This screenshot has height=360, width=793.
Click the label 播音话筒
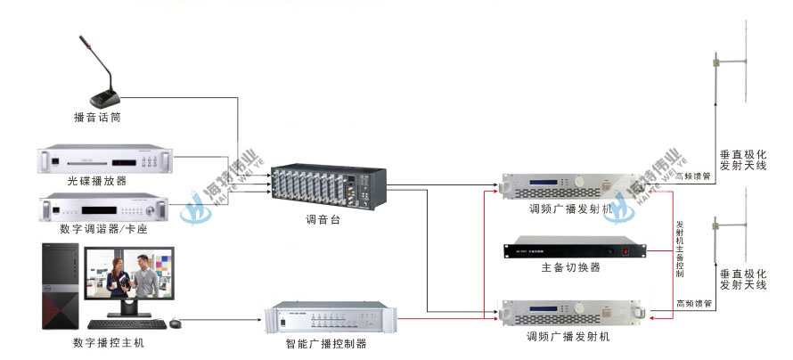coord(97,117)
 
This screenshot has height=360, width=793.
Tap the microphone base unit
coord(106,96)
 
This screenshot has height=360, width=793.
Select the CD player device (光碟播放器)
coord(105,161)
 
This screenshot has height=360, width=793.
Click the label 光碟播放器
coord(96,181)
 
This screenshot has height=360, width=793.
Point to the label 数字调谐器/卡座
coord(102,229)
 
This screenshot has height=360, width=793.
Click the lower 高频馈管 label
coord(694,304)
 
